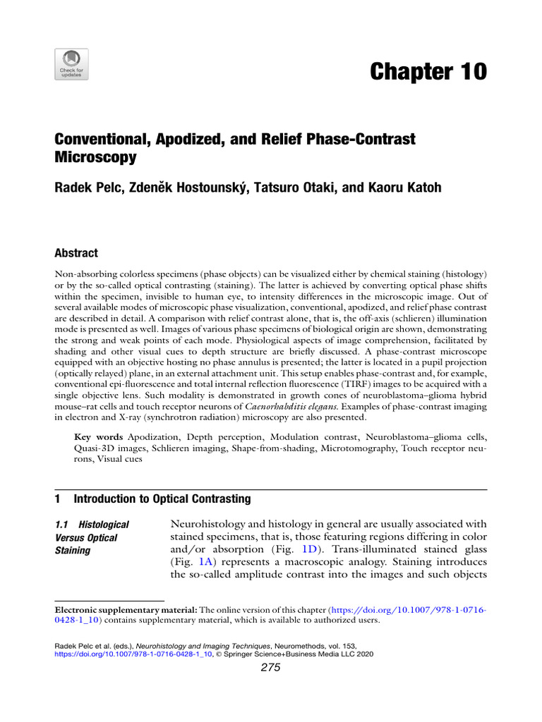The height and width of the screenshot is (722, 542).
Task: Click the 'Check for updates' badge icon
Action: (x=71, y=63)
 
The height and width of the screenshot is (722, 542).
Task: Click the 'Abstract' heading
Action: (x=76, y=253)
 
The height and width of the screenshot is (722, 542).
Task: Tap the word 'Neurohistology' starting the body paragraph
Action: (x=218, y=524)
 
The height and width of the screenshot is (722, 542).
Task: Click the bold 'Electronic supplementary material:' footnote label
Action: (x=126, y=609)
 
